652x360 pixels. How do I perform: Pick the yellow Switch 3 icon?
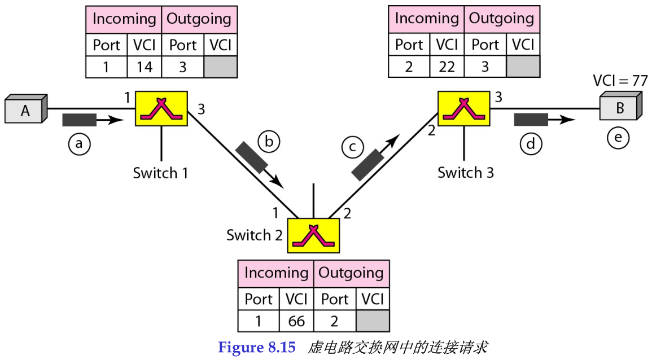coord(464,108)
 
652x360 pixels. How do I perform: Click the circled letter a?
coord(79,144)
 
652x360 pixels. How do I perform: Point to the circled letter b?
coord(269,142)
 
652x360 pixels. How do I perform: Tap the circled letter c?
coord(352,147)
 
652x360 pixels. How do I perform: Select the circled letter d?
coord(531,144)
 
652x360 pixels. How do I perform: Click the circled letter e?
coord(618,138)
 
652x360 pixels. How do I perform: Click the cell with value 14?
coord(145,67)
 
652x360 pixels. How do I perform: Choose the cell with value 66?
coord(296,321)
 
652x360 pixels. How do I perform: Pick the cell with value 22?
coord(447,67)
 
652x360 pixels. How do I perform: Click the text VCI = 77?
coord(619,80)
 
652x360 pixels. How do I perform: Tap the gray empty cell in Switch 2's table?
coord(373,321)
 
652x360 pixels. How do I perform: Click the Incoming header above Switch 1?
coord(124,19)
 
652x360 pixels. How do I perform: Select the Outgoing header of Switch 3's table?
coord(501,19)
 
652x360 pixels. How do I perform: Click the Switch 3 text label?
coord(465,173)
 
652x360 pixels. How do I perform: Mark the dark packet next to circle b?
coord(252,157)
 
